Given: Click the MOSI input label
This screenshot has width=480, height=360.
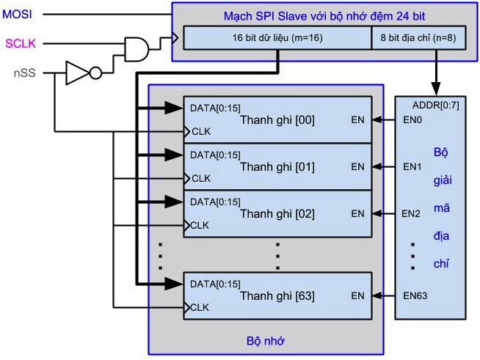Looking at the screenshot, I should (18, 14).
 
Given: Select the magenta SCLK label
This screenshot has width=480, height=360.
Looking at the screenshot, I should (21, 44).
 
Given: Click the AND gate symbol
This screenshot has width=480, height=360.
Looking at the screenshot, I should (137, 48).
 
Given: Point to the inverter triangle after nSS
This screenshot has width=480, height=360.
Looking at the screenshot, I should (76, 73).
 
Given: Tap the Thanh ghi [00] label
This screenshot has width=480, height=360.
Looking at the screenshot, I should (277, 120).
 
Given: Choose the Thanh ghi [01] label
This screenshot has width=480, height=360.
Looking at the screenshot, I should (277, 167).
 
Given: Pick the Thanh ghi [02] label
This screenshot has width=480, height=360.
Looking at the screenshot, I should (277, 214).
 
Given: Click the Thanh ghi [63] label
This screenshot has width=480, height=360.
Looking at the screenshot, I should (277, 296).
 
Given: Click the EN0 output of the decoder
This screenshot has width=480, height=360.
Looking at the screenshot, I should (412, 120).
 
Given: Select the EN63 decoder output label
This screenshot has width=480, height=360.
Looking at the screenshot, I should (415, 295).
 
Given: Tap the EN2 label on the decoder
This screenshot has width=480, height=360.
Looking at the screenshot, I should (412, 213).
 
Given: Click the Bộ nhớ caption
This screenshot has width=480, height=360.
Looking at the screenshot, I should (265, 341).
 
